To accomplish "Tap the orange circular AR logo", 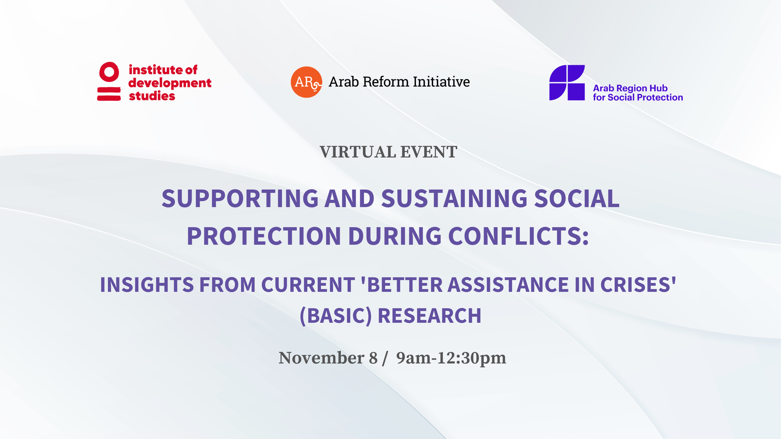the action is (306, 82).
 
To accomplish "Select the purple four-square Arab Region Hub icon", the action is (567, 83).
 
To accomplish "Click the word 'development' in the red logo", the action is (170, 83).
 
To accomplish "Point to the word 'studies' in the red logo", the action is (152, 96).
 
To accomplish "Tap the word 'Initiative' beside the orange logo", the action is (441, 82).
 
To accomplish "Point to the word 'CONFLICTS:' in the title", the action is (518, 236).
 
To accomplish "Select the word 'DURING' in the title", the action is (395, 236).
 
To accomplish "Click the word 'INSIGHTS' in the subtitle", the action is (147, 285).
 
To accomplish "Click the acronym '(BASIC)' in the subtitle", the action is (336, 316).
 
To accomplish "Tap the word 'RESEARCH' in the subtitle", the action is (429, 316).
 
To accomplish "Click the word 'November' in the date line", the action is (321, 358).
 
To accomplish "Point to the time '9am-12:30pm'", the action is (451, 358).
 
